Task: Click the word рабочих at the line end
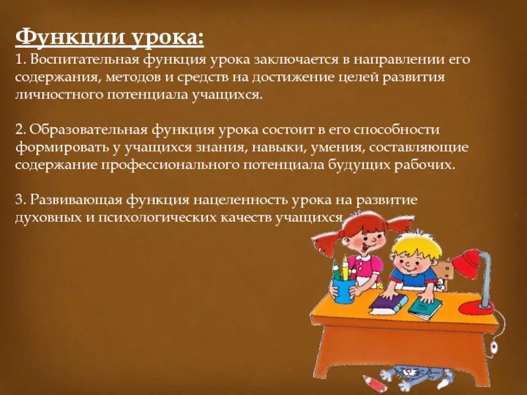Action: tap(430, 165)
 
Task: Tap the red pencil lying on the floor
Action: tap(375, 382)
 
